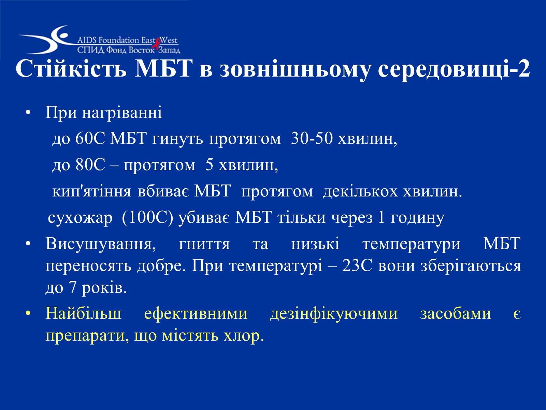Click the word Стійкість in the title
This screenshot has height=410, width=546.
(71, 68)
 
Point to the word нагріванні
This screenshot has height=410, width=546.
(122, 113)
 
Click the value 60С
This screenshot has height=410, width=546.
(90, 138)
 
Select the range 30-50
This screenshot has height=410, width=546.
(312, 138)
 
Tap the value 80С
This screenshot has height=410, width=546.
(90, 165)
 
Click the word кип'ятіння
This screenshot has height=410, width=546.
(92, 191)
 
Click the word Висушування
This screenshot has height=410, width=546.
(101, 244)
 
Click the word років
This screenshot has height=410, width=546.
(104, 288)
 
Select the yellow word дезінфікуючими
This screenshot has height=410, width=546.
(334, 313)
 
